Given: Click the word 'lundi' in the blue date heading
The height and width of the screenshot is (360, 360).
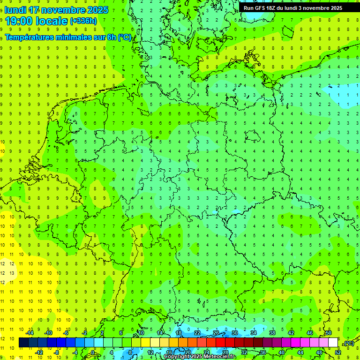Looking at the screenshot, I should tap(15, 10).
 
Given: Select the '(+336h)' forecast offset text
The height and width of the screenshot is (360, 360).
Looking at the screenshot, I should tap(83, 21).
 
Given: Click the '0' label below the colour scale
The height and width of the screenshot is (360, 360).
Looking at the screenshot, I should tap(93, 352).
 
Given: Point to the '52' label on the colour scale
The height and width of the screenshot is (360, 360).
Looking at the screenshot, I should tap(338, 352).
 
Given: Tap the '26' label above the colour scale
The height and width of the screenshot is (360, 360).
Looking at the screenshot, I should tap(216, 333).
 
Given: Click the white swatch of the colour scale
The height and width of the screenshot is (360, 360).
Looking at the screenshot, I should tap(333, 343).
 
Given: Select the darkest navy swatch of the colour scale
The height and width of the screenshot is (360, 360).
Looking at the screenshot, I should tap(23, 343).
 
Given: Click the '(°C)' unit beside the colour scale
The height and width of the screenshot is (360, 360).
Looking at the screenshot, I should tap(348, 343).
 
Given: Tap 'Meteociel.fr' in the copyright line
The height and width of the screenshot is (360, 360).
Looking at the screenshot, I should tap(220, 357).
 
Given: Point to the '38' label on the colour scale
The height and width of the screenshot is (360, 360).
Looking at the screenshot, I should tap(272, 333).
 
